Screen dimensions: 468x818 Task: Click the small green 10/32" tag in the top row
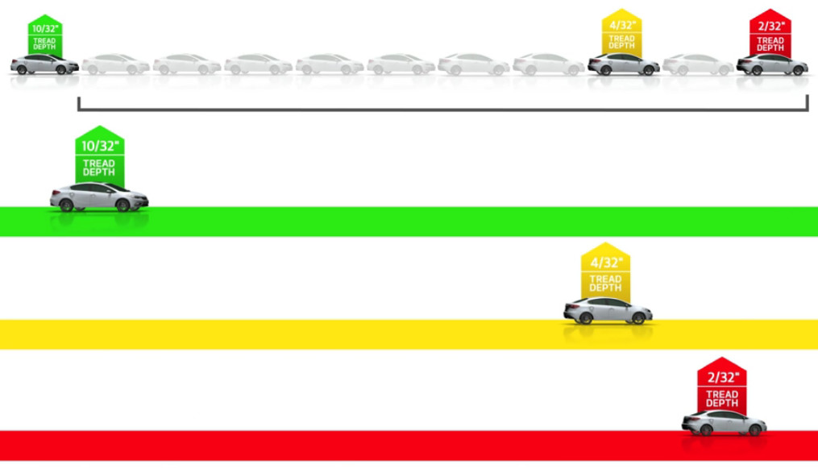(44, 35)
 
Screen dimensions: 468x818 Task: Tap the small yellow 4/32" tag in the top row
(621, 32)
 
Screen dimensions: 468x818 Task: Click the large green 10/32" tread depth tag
(99, 155)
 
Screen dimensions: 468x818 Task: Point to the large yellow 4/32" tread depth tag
(605, 271)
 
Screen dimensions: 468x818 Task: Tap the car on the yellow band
(608, 311)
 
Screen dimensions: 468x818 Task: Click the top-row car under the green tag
(44, 64)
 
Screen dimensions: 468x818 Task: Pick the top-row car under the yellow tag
(623, 64)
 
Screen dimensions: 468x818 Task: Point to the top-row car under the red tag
(771, 64)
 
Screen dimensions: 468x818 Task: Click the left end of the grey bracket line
(78, 102)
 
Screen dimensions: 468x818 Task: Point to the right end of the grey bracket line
(808, 102)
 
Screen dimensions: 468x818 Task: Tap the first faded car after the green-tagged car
(115, 64)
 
